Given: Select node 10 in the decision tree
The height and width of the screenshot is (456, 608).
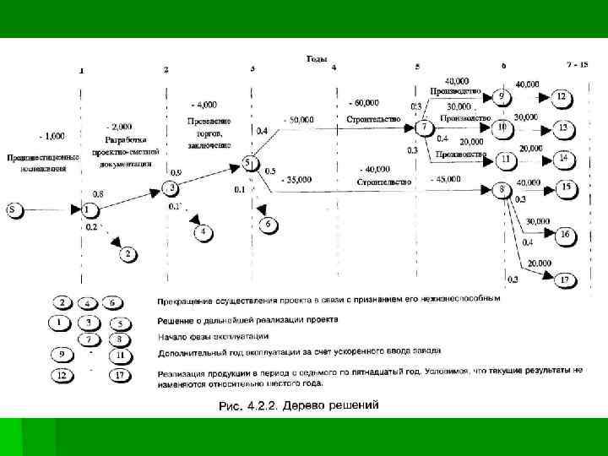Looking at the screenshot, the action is point(502,128).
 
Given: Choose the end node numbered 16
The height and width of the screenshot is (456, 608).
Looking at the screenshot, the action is point(563,234).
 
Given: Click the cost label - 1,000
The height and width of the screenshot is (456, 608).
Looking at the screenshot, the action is point(51,135).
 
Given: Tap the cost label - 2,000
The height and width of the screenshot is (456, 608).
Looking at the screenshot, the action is point(121,124).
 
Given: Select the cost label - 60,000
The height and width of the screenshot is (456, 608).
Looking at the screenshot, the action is point(363,102).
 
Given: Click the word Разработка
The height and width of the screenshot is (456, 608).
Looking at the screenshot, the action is point(124,138).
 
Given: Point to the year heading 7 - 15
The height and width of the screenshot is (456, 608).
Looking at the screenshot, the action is point(578,64).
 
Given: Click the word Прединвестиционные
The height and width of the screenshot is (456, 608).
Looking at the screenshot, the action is point(43,156).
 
